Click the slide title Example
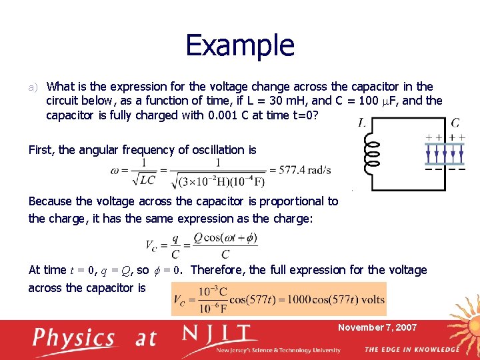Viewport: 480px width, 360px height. [x=240, y=45]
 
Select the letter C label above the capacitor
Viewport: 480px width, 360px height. [x=455, y=123]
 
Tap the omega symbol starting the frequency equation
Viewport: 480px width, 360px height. [x=116, y=170]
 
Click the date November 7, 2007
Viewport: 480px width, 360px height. [x=377, y=327]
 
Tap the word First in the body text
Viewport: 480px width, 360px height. [x=41, y=150]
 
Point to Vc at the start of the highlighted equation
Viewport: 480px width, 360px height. [x=179, y=299]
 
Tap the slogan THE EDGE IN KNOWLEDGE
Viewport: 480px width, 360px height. [x=412, y=349]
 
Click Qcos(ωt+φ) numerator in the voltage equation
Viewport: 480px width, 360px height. [x=225, y=238]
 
